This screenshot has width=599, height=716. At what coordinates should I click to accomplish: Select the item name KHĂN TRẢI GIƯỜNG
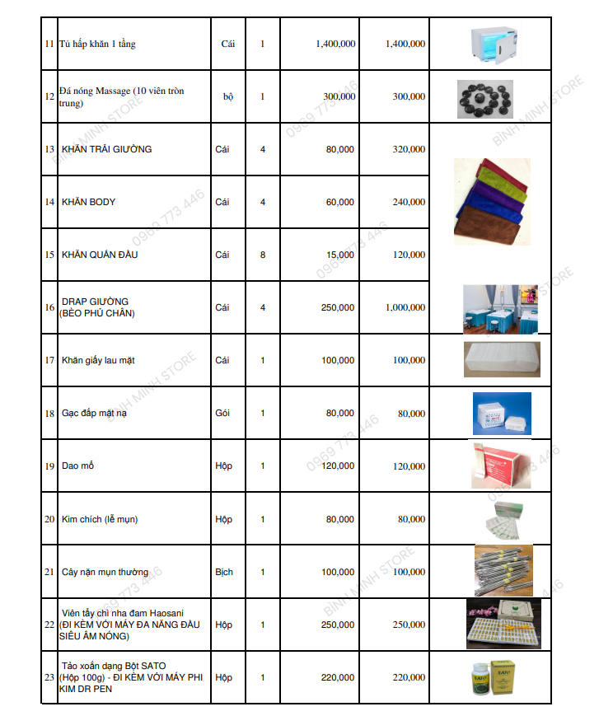click(x=106, y=149)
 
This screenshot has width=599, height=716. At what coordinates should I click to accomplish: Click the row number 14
click(x=49, y=202)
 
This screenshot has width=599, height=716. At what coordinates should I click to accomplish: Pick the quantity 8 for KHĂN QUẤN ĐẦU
click(x=263, y=255)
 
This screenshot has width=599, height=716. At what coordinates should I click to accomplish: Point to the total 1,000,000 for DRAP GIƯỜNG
click(x=405, y=307)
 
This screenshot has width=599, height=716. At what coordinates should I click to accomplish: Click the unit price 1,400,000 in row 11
click(x=335, y=44)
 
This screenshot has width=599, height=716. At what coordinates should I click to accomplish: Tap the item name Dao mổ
click(x=78, y=466)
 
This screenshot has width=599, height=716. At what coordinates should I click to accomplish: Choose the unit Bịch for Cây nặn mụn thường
click(x=224, y=572)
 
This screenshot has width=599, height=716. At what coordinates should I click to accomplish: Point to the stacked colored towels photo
click(x=492, y=201)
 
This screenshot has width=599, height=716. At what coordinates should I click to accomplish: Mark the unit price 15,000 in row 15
click(x=339, y=255)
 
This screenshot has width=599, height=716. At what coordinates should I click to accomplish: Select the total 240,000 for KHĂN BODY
click(x=409, y=202)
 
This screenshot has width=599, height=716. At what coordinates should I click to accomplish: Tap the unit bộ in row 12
click(x=228, y=96)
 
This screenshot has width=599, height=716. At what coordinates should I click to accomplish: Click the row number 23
click(x=49, y=677)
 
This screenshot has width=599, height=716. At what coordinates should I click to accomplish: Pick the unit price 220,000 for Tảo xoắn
click(x=339, y=677)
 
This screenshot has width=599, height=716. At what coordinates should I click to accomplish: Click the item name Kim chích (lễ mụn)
click(x=100, y=519)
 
